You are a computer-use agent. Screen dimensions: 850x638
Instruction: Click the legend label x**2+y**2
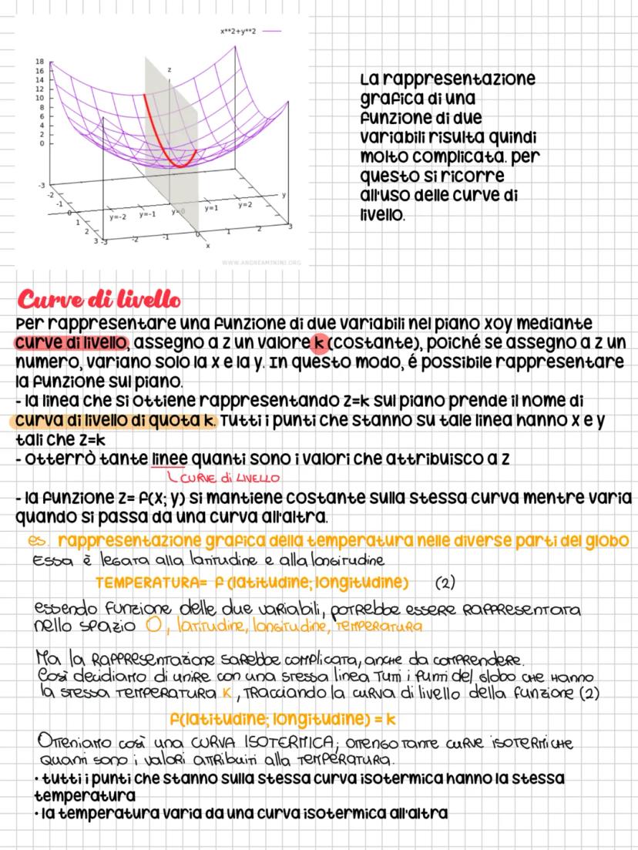237,32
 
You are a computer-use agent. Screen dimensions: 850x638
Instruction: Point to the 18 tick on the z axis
39,61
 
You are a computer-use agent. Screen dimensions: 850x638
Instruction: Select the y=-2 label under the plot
118,217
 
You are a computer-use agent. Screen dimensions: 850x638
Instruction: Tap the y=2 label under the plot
244,205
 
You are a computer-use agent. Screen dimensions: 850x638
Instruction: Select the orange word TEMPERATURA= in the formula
140,580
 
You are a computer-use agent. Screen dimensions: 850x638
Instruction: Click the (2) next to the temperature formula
445,581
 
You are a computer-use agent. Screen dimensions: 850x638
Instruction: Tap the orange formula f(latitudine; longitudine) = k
282,720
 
